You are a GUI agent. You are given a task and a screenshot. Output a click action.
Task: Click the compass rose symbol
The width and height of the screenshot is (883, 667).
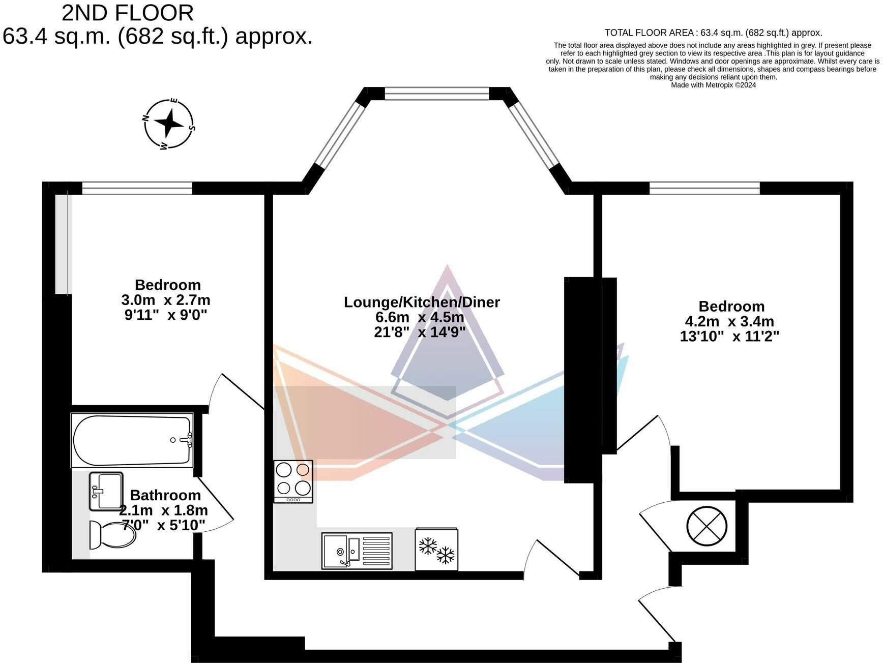(x=168, y=124)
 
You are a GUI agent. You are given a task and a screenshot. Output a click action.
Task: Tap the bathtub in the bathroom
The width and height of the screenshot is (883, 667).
(x=132, y=440)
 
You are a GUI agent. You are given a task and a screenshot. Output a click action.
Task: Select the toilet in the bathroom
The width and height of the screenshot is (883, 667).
(x=112, y=534)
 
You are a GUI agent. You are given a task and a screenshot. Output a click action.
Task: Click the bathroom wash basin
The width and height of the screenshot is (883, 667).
(x=106, y=491)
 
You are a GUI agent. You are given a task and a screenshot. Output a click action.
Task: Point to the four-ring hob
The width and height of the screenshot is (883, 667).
(x=293, y=481)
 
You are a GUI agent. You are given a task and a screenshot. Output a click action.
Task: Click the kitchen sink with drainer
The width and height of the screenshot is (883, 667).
(x=357, y=551)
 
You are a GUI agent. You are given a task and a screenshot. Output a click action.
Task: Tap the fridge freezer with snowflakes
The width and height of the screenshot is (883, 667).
(x=436, y=550)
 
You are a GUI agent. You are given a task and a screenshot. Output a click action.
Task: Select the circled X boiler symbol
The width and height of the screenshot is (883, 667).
(x=707, y=527)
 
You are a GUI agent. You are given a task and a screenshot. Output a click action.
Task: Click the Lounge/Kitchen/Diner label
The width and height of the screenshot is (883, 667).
(x=422, y=302)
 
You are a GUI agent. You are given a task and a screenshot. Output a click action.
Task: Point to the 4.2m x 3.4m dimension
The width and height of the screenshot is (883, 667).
(x=729, y=321)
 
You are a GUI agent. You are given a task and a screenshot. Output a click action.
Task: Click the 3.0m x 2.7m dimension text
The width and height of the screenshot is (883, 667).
(x=166, y=300)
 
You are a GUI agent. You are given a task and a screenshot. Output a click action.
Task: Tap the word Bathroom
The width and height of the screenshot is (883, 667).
(x=165, y=495)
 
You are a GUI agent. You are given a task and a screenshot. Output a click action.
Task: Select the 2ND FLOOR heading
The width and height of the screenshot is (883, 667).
(x=128, y=13)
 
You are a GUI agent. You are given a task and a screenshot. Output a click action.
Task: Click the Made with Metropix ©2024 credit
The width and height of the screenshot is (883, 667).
(x=713, y=85)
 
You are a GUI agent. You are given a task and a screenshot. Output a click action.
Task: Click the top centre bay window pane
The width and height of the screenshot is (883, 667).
(x=436, y=94)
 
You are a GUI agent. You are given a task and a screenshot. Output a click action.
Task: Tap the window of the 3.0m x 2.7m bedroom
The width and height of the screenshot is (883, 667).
(x=137, y=189)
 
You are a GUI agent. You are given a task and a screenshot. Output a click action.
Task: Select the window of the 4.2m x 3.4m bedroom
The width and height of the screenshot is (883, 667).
(x=704, y=189)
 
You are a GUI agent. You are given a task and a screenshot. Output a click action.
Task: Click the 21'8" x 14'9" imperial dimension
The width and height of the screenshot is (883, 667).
(x=420, y=332)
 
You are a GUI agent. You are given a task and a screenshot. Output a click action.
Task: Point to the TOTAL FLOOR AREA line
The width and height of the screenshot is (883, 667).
(x=713, y=33)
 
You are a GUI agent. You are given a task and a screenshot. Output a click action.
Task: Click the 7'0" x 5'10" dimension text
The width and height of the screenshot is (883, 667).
(x=163, y=525)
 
